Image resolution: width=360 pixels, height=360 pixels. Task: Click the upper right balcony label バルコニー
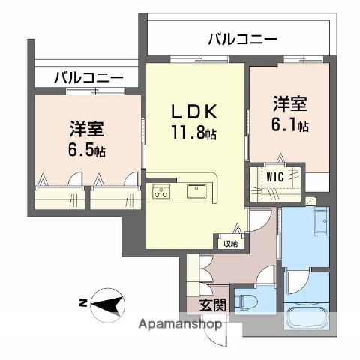click(241, 38)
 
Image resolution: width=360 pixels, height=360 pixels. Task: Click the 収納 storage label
click(229, 242)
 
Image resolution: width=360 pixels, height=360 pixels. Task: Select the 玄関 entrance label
click(212, 304)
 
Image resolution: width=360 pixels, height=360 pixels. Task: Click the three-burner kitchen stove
click(162, 193)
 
